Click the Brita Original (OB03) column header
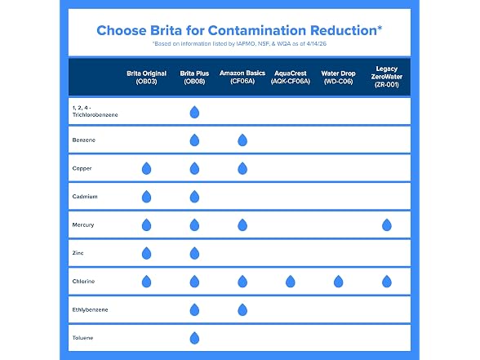pyautogui.click(x=146, y=78)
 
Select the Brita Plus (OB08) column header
pyautogui.click(x=194, y=78)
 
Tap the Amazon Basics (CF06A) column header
pyautogui.click(x=242, y=77)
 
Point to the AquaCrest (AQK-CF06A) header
pyautogui.click(x=291, y=78)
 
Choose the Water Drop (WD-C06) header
pyautogui.click(x=338, y=78)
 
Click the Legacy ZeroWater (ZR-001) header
pyautogui.click(x=387, y=77)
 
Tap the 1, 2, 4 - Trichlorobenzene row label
pyautogui.click(x=95, y=111)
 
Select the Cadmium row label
pyautogui.click(x=85, y=197)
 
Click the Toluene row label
pyautogui.click(x=82, y=338)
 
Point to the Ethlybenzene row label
pyautogui.click(x=90, y=310)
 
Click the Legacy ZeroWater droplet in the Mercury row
pyautogui.click(x=387, y=225)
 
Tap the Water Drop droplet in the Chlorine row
pyautogui.click(x=338, y=282)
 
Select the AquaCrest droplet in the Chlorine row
pyautogui.click(x=291, y=282)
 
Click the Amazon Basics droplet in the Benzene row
pyautogui.click(x=242, y=140)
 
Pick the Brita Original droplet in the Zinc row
pyautogui.click(x=146, y=253)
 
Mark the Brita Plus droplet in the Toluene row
pyautogui.click(x=194, y=338)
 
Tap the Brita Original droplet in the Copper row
pyautogui.click(x=146, y=168)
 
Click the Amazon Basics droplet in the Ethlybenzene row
pyautogui.click(x=242, y=310)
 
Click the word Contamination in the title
pyautogui.click(x=257, y=31)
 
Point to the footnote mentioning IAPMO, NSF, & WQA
pyautogui.click(x=239, y=44)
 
